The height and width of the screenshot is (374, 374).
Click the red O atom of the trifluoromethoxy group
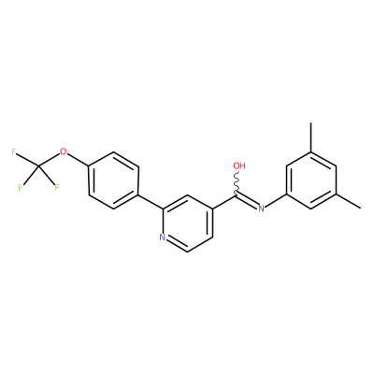pyautogui.click(x=64, y=151)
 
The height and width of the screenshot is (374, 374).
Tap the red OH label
pyautogui.click(x=239, y=165)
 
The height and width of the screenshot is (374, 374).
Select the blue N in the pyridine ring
pyautogui.click(x=162, y=237)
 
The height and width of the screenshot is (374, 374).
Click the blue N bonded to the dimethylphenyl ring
pyautogui.click(x=261, y=209)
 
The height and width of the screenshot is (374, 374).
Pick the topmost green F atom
pyautogui.click(x=14, y=151)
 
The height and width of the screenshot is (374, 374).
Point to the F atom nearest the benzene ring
pyautogui.click(x=57, y=188)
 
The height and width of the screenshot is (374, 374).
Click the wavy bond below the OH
pyautogui.click(x=237, y=182)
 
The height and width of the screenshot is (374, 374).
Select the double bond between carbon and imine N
pyautogui.click(x=247, y=201)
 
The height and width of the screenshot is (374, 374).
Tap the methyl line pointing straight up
pyautogui.click(x=310, y=137)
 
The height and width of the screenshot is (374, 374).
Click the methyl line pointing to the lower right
pyautogui.click(x=349, y=201)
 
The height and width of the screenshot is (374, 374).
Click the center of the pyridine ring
pyautogui.click(x=187, y=223)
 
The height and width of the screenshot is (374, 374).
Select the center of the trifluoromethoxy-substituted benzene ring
pyautogui.click(x=113, y=180)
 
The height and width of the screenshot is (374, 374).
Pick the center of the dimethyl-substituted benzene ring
pyautogui.click(x=310, y=180)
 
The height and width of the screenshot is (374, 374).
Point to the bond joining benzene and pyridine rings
pyautogui.click(x=151, y=202)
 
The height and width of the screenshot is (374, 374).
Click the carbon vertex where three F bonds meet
pyautogui.click(x=38, y=166)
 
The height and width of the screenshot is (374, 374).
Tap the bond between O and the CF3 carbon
pyautogui.click(x=50, y=160)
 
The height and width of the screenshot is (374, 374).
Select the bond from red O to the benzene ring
pyautogui.click(x=78, y=160)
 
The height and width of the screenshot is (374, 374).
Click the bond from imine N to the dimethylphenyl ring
pyautogui.click(x=275, y=201)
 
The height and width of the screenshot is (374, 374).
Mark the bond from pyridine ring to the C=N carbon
pyautogui.click(x=224, y=202)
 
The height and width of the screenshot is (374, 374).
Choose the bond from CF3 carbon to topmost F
pyautogui.click(x=28, y=160)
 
